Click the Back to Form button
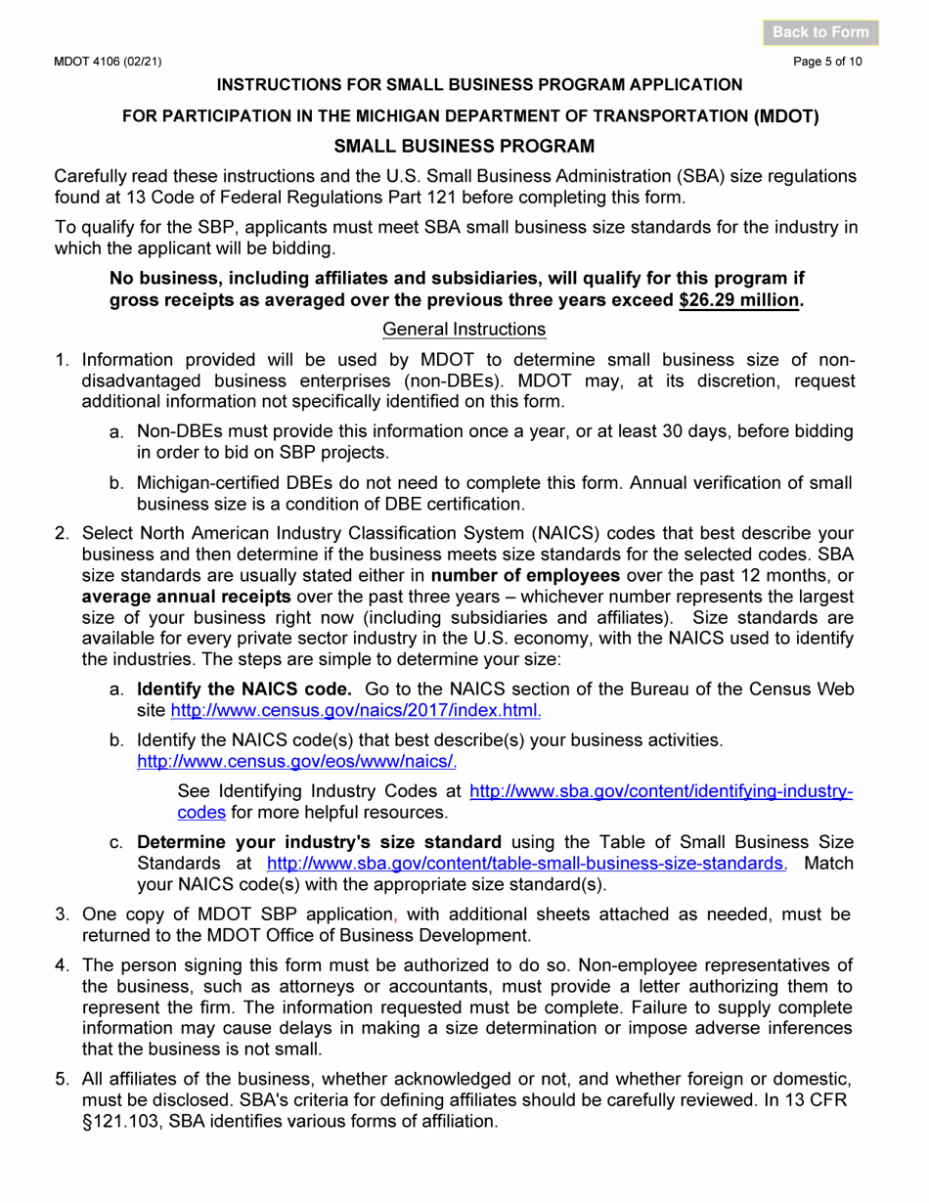point(820,32)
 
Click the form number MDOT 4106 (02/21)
point(108,62)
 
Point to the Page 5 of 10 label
point(828,62)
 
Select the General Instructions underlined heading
point(464,329)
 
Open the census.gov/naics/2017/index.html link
point(356,710)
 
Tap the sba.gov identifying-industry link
point(661,790)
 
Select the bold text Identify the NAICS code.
point(243,689)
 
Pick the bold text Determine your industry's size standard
point(319,842)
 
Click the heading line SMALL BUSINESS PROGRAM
point(464,147)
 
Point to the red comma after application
point(394,915)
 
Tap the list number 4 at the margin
point(61,965)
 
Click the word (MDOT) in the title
point(786,115)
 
